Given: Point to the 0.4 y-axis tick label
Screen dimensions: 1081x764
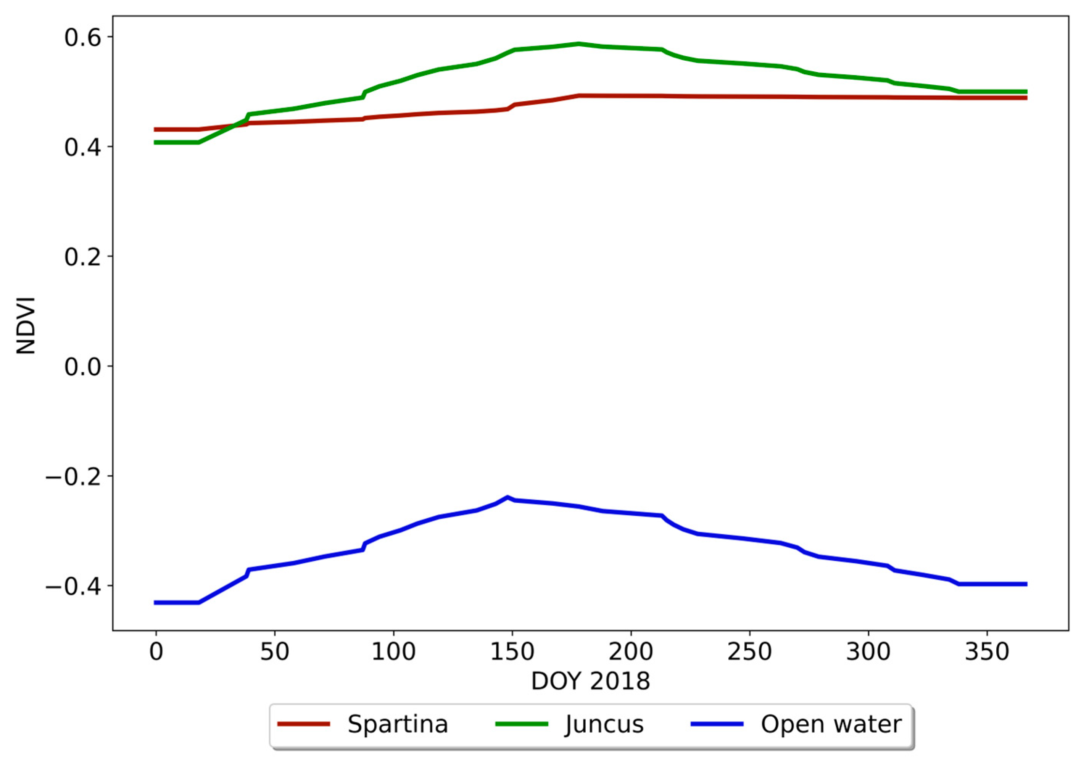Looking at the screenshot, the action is click(82, 147).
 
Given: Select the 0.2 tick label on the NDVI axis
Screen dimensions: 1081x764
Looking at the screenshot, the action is click(82, 257).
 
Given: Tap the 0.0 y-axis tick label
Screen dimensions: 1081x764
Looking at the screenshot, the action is click(82, 367).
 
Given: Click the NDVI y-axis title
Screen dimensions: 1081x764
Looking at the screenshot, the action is click(26, 325).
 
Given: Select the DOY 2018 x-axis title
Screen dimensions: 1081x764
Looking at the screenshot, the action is click(590, 681).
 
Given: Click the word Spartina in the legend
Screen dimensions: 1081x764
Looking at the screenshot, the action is click(397, 724).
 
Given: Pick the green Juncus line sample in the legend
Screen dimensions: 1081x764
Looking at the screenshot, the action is click(522, 724).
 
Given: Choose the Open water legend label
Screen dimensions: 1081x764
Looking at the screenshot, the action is click(831, 724).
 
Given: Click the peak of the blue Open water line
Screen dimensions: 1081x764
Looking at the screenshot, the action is click(507, 497).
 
